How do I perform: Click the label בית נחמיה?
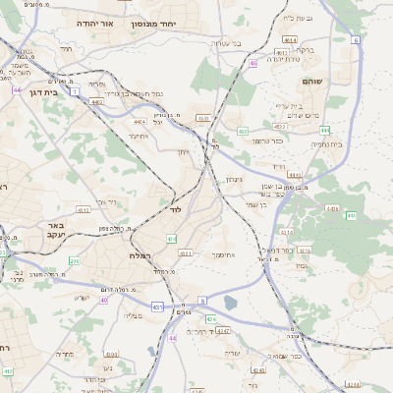pyautogui.click(x=325, y=144)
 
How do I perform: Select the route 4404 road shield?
pyautogui.click(x=330, y=208)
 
